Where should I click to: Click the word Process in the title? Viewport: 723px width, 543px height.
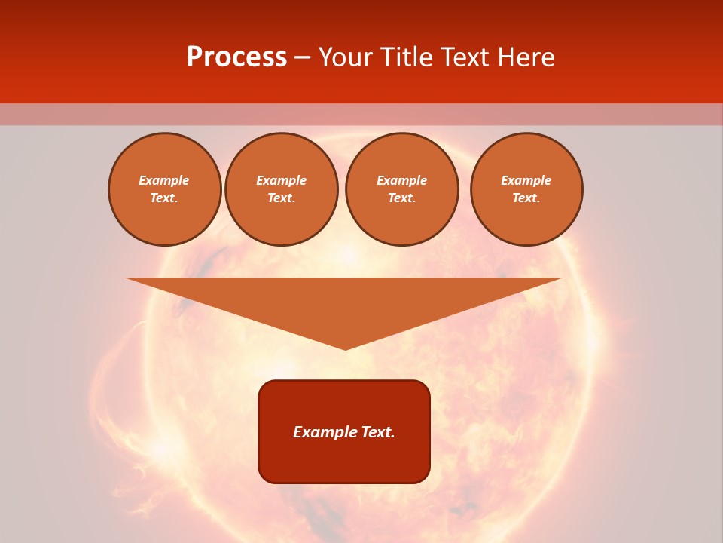coord(236,57)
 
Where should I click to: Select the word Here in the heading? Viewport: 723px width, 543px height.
coord(527,57)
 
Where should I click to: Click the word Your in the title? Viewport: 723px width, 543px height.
coord(346,57)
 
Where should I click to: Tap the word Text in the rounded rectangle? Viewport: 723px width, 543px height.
coord(376,432)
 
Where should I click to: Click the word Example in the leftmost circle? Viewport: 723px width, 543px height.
coord(164,180)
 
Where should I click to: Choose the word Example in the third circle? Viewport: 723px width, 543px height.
coord(402,180)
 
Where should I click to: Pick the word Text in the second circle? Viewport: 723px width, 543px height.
coord(280,198)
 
